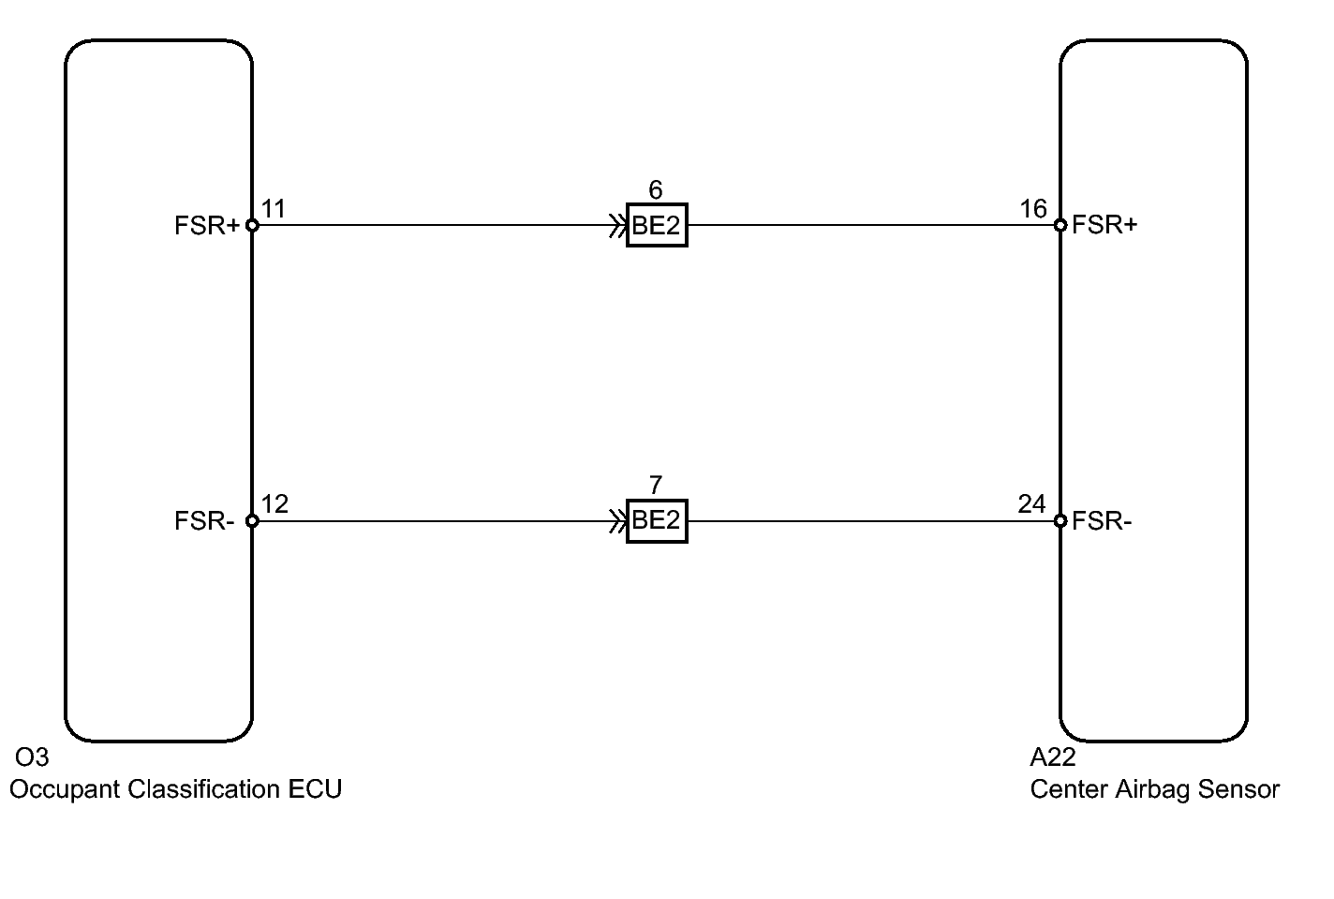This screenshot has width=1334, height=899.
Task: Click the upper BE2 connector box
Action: coord(657,225)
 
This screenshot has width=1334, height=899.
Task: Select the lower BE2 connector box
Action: coord(657,520)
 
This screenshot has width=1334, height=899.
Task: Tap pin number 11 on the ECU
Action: coord(273,208)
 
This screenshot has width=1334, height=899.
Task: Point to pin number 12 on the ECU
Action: coord(274,504)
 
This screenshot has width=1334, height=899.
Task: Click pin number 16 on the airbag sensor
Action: coord(1033,208)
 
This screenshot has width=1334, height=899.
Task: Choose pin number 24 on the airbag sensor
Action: coord(1031,504)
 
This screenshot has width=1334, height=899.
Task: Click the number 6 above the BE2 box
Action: coord(656,190)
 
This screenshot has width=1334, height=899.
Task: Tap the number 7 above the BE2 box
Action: coord(656,486)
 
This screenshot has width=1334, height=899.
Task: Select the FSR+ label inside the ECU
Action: coord(207,226)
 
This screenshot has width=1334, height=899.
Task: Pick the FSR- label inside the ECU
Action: coord(203,521)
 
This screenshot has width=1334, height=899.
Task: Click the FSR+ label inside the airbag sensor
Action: coord(1104,225)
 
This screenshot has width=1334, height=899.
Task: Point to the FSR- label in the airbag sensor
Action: coord(1102,521)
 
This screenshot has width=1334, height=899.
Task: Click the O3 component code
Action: coord(31,757)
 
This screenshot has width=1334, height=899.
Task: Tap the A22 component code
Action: coord(1053,757)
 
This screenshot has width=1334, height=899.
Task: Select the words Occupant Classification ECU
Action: coord(175,789)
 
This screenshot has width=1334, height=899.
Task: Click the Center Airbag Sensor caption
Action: coord(1154,789)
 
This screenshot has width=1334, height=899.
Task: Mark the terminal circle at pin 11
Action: coord(252,225)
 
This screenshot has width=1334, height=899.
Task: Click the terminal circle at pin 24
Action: coord(1060,520)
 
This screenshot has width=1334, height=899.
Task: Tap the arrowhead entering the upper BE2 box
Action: coord(618,225)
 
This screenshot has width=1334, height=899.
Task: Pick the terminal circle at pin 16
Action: coord(1060,225)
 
